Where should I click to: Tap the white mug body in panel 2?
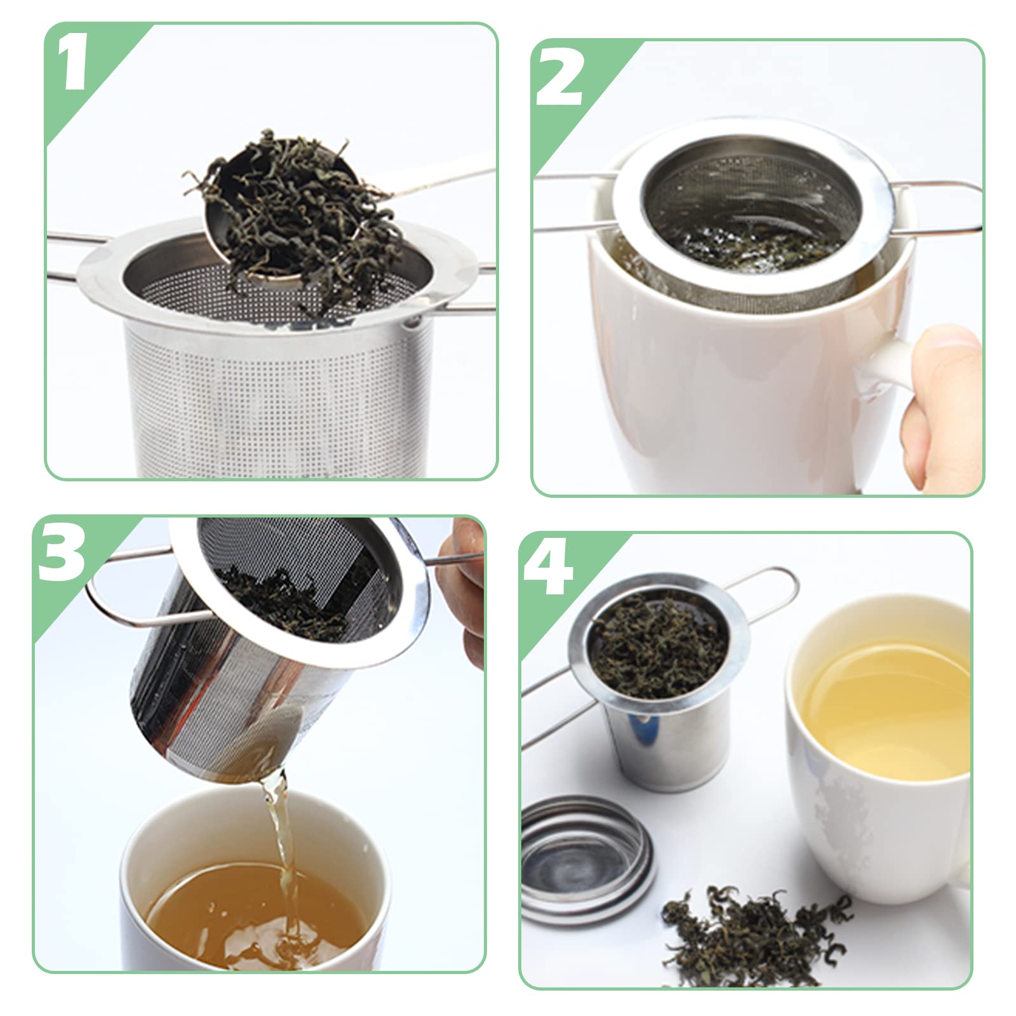(730, 394)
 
